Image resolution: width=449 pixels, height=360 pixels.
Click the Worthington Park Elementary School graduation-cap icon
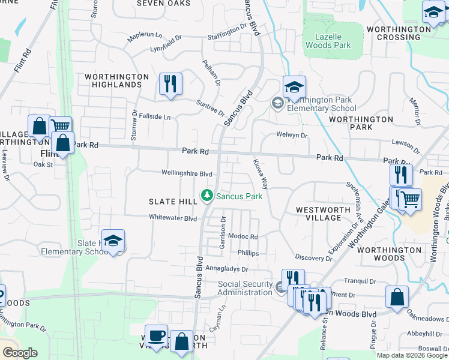pyautogui.click(x=294, y=87)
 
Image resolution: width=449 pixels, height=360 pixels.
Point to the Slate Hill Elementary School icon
pyautogui.click(x=113, y=241)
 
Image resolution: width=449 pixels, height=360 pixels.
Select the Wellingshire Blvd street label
pyautogui.click(x=187, y=173)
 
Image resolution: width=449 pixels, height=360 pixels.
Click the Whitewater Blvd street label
pyautogui.click(x=173, y=218)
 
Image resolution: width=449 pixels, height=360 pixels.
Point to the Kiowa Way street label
pyautogui.click(x=260, y=172)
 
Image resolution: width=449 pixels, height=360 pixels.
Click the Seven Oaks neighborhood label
pyautogui.click(x=163, y=3)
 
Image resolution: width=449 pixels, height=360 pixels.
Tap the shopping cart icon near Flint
pyautogui.click(x=60, y=127)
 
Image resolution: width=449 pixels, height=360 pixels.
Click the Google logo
pyautogui.click(x=20, y=353)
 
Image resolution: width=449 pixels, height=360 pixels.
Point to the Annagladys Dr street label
pyautogui.click(x=227, y=269)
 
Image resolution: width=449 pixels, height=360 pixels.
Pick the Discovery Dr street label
pyautogui.click(x=313, y=257)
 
